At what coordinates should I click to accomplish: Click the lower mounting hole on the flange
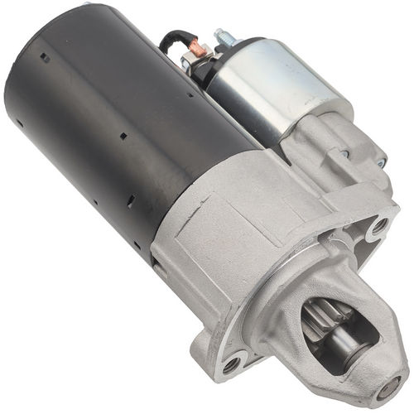pos(233,361)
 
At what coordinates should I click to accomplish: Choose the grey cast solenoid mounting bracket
pos(331,145)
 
